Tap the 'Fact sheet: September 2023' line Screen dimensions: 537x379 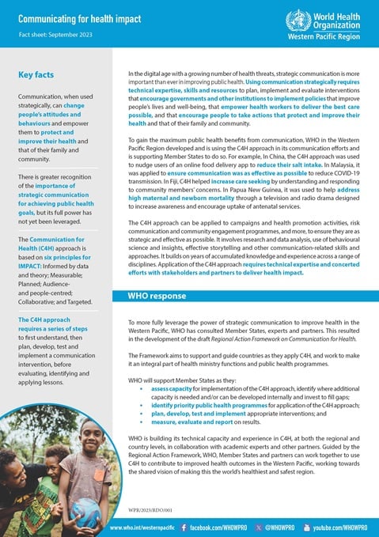point(56,36)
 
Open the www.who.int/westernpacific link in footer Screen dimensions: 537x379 point(142,527)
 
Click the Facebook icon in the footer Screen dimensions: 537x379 point(184,527)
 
